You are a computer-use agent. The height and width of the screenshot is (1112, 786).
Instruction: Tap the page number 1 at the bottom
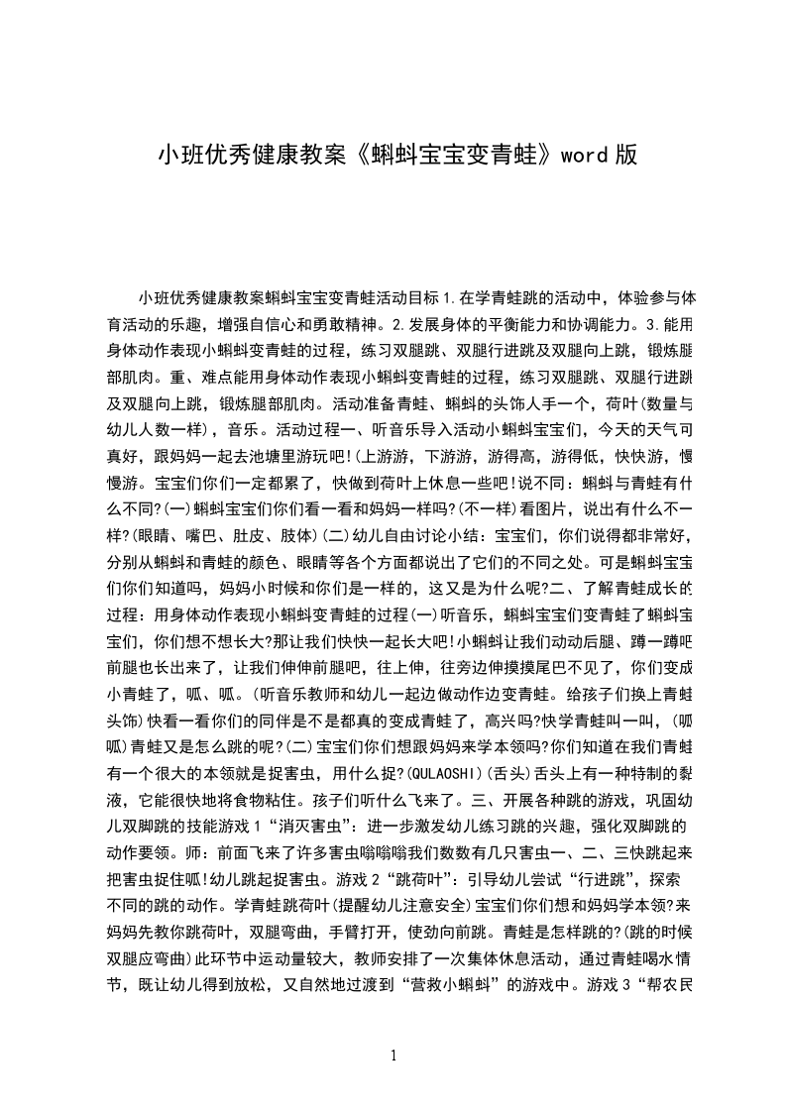[x=394, y=1055]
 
